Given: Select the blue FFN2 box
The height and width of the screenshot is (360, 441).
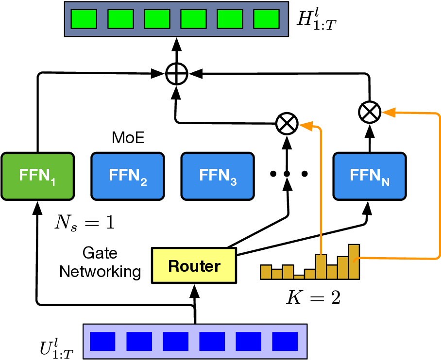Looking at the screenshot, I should tap(127, 176).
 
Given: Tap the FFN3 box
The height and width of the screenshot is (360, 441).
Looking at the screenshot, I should tap(216, 176).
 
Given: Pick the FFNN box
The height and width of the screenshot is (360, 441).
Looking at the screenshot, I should tap(369, 176).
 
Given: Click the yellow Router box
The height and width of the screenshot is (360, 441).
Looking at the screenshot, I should tap(194, 265).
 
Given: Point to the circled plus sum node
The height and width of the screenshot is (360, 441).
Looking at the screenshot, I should tap(175, 74).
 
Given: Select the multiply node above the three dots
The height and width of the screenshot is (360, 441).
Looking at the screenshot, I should tap(287, 124).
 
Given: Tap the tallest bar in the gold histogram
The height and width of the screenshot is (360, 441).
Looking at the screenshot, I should tap(354, 262).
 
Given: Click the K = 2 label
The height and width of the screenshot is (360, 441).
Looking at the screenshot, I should tap(312, 297).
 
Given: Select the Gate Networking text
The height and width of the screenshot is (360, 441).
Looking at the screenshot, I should tap(100, 262).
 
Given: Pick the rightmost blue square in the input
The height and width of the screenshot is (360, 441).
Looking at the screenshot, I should tap(284, 342).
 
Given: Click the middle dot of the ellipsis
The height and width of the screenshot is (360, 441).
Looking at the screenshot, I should tap(287, 174).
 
